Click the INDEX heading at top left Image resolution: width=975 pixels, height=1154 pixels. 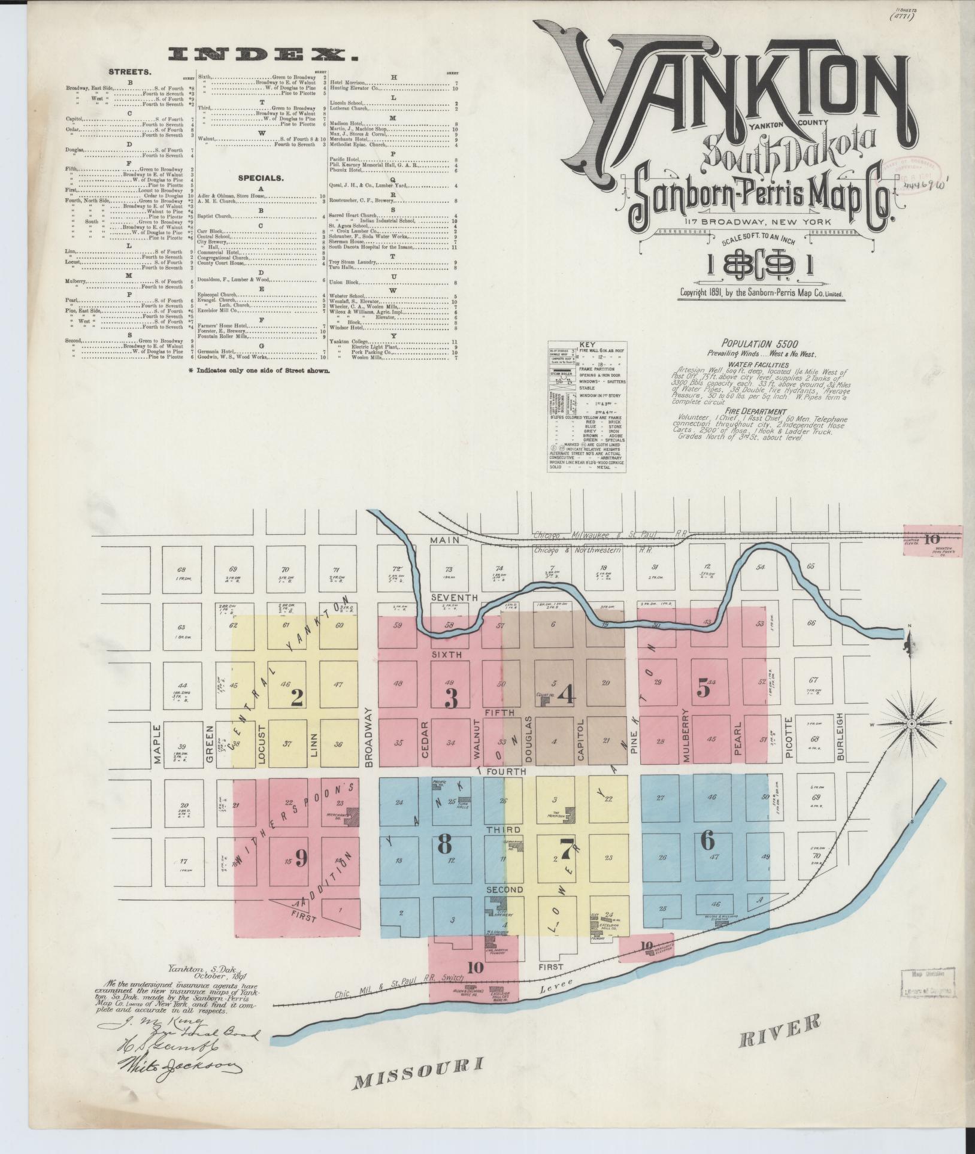[x=264, y=56]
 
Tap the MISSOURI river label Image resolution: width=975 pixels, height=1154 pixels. [x=419, y=1077]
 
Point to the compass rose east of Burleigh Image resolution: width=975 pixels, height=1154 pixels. [x=911, y=725]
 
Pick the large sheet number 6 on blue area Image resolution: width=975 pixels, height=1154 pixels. [x=707, y=841]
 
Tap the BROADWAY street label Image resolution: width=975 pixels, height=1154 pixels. [x=369, y=737]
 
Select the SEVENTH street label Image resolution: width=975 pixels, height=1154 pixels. [x=453, y=598]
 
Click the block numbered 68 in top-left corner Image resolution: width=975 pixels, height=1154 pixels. [x=182, y=570]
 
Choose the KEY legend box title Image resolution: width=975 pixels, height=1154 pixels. [x=587, y=345]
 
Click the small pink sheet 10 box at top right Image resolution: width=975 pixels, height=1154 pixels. [x=931, y=539]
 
